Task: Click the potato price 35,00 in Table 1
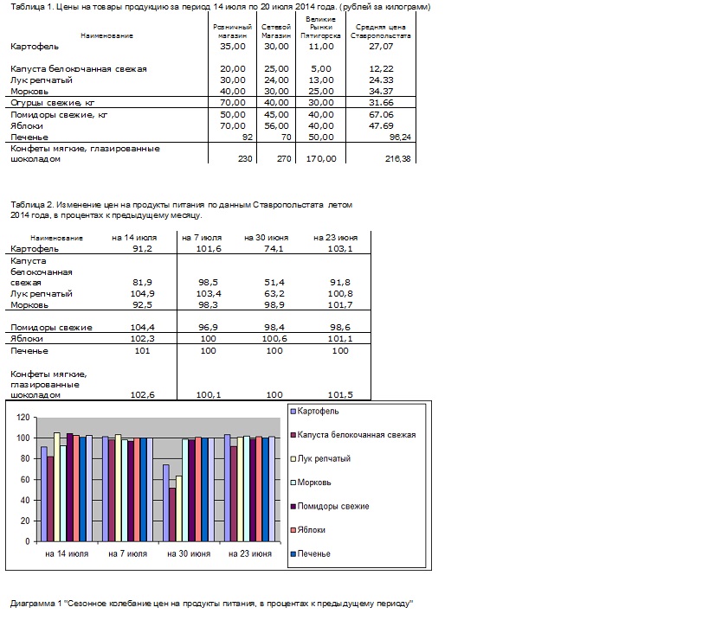point(232,47)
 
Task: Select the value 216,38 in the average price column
point(398,159)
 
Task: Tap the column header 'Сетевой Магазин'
point(276,31)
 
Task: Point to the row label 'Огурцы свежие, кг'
point(53,103)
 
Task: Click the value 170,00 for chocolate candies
point(321,159)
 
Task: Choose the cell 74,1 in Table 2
point(274,249)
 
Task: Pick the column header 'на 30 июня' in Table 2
point(267,238)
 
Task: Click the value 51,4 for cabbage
point(274,283)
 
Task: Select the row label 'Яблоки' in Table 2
point(27,339)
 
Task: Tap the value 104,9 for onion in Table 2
point(143,294)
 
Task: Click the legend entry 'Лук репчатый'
point(324,459)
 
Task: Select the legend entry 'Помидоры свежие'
point(333,506)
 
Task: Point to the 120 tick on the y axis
point(23,418)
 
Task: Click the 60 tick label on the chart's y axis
point(25,480)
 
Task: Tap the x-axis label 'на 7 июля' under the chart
point(128,553)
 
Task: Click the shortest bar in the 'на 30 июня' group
point(172,515)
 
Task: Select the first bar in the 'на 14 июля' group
point(44,494)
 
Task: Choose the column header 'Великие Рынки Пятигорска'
point(320,28)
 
